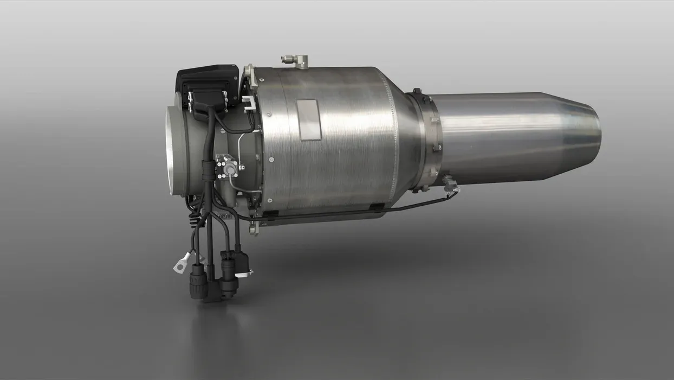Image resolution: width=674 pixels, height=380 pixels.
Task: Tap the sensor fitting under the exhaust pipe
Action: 450,185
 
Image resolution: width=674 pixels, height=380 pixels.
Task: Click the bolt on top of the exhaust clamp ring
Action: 417,92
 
